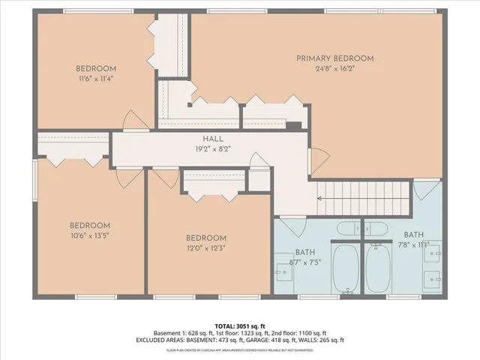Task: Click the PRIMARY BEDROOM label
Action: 334,58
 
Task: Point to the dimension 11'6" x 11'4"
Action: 95,77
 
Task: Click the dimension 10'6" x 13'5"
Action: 90,235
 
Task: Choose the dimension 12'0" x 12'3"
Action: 205,247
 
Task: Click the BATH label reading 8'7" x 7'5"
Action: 305,253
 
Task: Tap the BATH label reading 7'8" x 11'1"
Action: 414,234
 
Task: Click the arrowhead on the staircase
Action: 320,199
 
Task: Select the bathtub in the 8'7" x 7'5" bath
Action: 346,270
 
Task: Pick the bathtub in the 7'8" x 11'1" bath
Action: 378,270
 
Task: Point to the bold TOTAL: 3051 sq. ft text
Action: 239,326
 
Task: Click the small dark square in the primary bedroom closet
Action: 295,125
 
